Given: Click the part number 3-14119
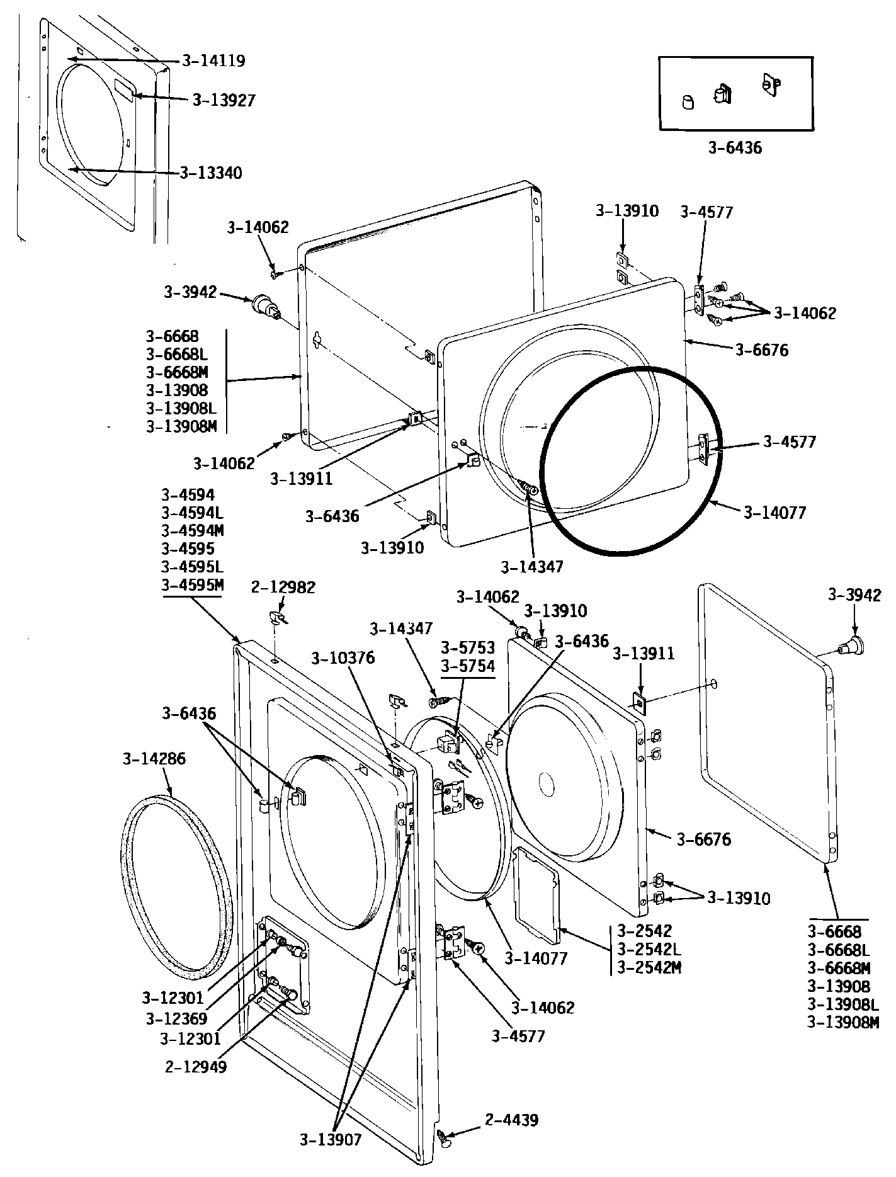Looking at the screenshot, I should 213,61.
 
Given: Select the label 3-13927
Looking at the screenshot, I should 224,100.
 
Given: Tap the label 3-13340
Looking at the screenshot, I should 210,173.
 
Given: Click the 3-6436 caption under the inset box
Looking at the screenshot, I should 735,149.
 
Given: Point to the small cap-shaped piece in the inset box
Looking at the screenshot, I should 688,101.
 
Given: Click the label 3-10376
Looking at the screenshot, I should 343,659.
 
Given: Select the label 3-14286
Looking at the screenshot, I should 154,759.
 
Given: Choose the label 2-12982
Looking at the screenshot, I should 283,588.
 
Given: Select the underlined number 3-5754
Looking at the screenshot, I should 467,666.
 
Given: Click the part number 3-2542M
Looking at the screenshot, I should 649,967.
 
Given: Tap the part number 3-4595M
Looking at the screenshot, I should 192,584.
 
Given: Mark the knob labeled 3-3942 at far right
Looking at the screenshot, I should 852,644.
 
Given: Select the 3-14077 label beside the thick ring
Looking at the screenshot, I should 774,513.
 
